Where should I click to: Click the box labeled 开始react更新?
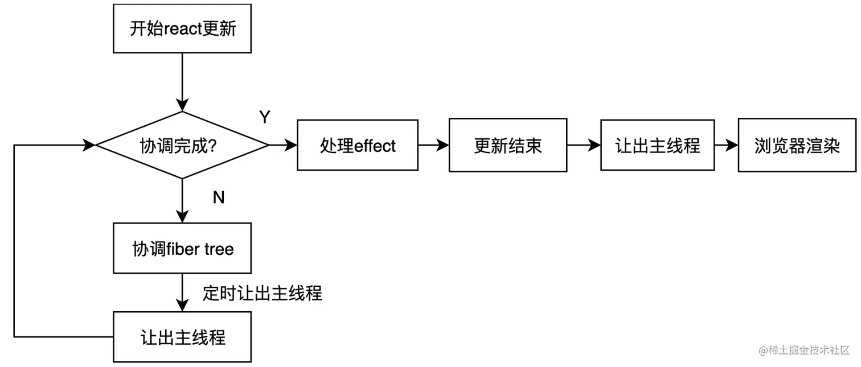click(x=182, y=28)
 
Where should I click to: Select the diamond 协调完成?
click(x=182, y=146)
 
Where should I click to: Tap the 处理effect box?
click(x=357, y=146)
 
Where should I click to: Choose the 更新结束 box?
click(x=507, y=146)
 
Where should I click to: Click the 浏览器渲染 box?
click(x=797, y=146)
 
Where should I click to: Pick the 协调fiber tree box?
click(x=182, y=249)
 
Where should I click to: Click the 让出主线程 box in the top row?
click(x=657, y=146)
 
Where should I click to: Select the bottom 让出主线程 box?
click(x=182, y=337)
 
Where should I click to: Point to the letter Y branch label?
click(x=265, y=117)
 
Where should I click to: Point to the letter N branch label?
click(x=218, y=197)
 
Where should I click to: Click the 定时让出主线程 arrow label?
click(x=262, y=293)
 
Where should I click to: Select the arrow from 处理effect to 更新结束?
click(x=433, y=146)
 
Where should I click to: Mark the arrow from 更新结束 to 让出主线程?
click(x=584, y=146)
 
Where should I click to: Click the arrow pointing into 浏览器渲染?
click(x=726, y=146)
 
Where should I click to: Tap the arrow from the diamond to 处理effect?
click(x=282, y=146)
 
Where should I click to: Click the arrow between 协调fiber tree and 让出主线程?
click(x=182, y=292)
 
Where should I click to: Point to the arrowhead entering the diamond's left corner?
click(x=89, y=146)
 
